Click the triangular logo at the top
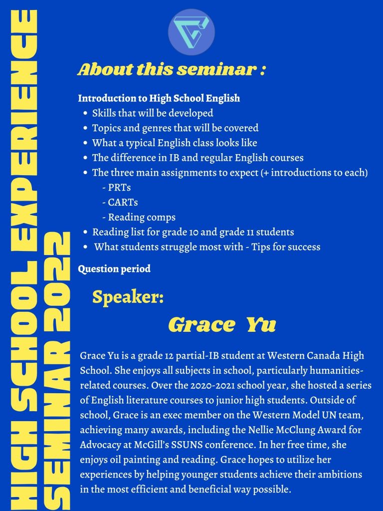click(x=191, y=31)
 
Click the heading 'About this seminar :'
click(x=172, y=69)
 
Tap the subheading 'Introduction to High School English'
click(x=159, y=98)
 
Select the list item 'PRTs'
click(x=117, y=188)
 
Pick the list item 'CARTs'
click(x=120, y=203)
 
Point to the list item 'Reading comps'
click(x=139, y=218)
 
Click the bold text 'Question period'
click(x=114, y=269)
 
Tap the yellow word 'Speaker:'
click(x=128, y=297)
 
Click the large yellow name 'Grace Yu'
click(x=222, y=324)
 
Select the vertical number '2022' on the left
click(x=57, y=281)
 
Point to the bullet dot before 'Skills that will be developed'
click(x=85, y=113)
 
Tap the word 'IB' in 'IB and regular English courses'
click(x=174, y=158)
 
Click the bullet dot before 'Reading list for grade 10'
click(x=85, y=233)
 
